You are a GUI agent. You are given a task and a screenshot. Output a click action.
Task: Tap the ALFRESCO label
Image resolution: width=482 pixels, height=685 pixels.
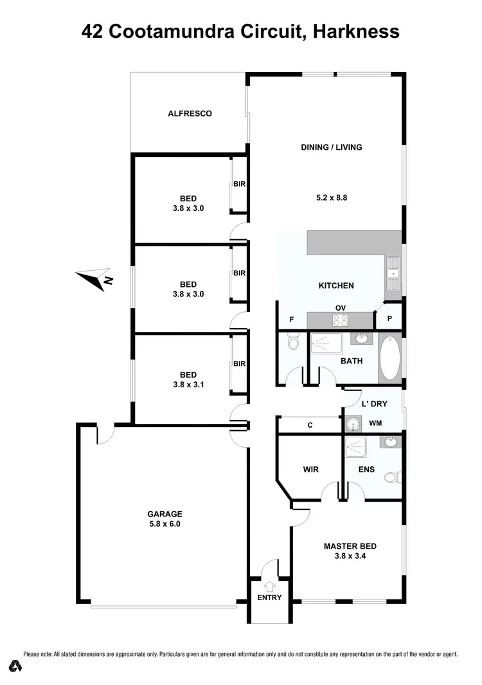(190, 113)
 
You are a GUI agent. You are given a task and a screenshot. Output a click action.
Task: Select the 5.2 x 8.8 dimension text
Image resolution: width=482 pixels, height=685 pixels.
(332, 198)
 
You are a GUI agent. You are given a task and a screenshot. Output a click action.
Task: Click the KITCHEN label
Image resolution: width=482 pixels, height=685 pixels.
(336, 286)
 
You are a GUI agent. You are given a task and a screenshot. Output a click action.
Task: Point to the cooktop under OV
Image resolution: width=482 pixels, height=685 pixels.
(339, 320)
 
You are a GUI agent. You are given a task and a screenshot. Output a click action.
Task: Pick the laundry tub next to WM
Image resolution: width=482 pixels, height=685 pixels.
(352, 424)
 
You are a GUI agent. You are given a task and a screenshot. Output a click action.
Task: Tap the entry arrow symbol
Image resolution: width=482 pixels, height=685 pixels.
(269, 586)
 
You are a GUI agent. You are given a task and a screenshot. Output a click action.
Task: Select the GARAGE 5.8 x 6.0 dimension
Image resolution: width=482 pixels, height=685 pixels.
(165, 524)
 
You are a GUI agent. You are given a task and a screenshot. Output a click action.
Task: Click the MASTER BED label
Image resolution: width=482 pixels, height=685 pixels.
(350, 546)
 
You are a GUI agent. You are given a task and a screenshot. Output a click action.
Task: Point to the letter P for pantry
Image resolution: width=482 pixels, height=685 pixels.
(389, 318)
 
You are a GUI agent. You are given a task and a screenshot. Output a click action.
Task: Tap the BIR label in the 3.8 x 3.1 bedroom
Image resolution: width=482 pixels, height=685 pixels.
(239, 363)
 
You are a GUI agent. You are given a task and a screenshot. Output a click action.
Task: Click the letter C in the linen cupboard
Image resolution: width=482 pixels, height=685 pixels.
(310, 425)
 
